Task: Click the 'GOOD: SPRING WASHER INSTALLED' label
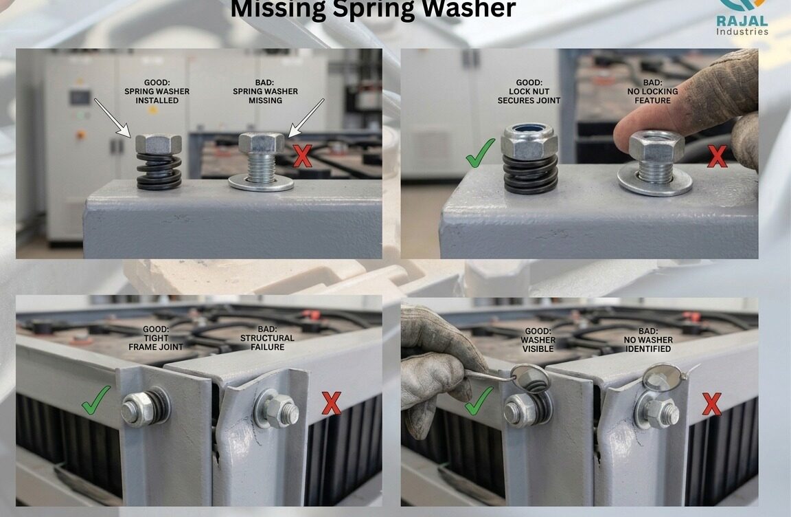point(157,91)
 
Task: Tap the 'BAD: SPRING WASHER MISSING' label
point(265,91)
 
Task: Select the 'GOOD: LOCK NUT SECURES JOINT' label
point(529,91)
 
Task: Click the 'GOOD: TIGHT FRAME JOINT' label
point(156,338)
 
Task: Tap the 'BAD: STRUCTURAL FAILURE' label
point(267,338)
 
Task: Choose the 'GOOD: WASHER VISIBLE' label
point(538,340)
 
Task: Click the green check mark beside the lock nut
point(480,153)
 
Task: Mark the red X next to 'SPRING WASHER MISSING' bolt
point(302,155)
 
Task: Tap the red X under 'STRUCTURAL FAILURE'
point(331,404)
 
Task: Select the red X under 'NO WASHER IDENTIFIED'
point(712,404)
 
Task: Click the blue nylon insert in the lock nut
point(529,129)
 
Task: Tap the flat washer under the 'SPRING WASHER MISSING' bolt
point(261,184)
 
